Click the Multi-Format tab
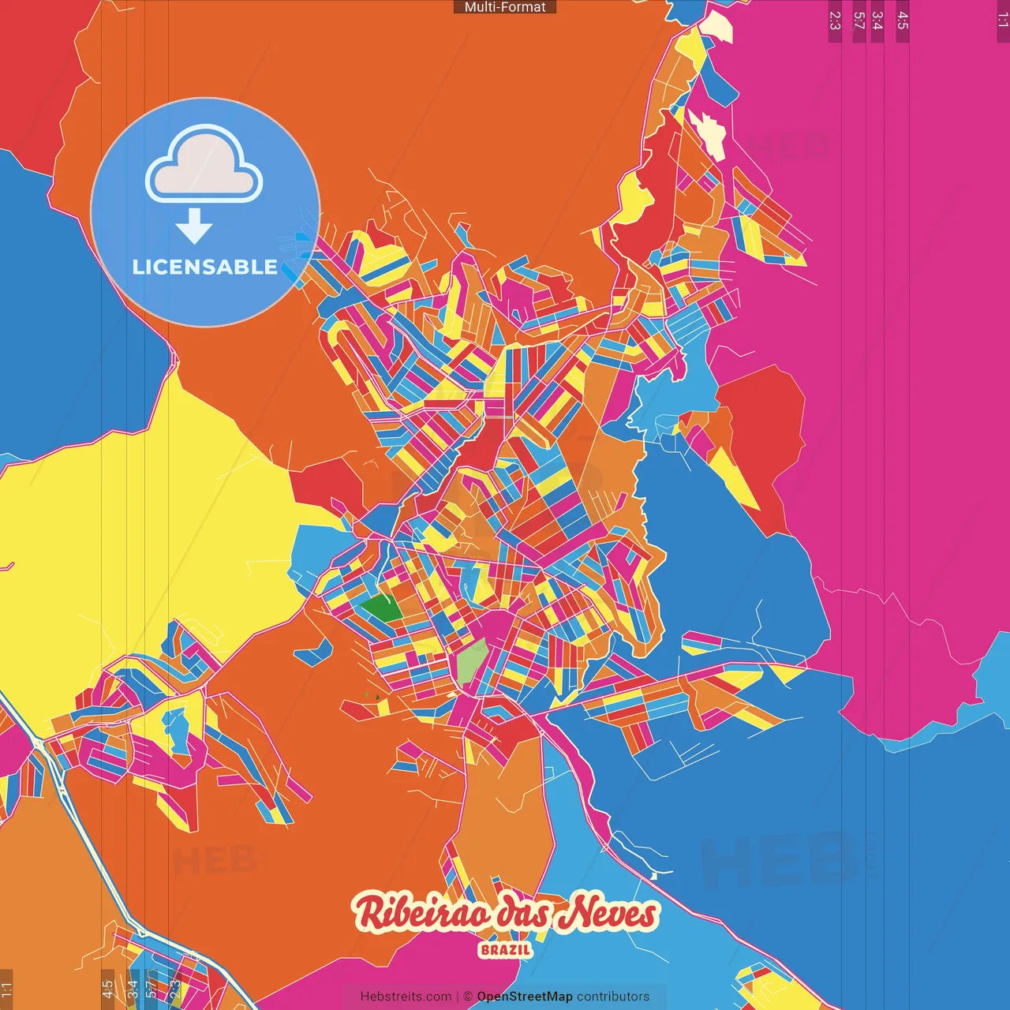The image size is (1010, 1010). [505, 7]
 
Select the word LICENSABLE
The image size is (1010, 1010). [205, 267]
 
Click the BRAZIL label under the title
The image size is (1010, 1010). [505, 950]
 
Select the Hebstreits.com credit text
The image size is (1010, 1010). [406, 997]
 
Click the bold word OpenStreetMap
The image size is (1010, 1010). [525, 997]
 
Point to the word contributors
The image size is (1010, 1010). [613, 997]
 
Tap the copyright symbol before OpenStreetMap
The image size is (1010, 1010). [468, 997]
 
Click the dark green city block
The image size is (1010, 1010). [382, 608]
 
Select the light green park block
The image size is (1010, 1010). [472, 661]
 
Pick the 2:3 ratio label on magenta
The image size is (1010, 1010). [835, 21]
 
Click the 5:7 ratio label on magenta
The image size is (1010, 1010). [859, 21]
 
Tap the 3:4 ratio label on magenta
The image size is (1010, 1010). [877, 21]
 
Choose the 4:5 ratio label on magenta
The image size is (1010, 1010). [903, 21]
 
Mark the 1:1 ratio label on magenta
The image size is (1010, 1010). [1002, 21]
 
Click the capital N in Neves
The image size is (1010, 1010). [576, 912]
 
